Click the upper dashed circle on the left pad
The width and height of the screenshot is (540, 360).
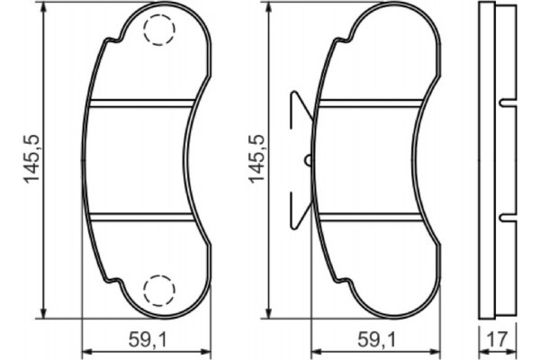pos(159,31)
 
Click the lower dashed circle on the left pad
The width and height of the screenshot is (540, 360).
pos(159,288)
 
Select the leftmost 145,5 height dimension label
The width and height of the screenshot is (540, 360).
pos(33,160)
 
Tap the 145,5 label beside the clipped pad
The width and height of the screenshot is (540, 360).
pos(258,160)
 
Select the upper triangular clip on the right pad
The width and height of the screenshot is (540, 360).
pos(300,109)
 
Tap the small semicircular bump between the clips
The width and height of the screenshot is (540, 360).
pos(308,160)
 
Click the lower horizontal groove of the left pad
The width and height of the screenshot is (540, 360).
pos(142,216)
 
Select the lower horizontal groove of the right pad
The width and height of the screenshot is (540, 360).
pos(371,216)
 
